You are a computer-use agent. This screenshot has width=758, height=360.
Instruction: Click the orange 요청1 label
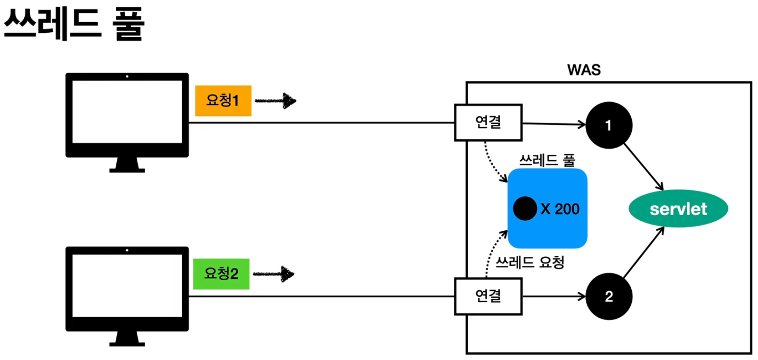[223, 101]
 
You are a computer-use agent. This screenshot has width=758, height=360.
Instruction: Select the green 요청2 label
[221, 274]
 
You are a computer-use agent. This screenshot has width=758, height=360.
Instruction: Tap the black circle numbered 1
[609, 125]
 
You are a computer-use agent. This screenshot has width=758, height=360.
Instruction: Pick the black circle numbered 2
[609, 297]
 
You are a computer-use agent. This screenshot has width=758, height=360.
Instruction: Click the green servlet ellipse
[678, 209]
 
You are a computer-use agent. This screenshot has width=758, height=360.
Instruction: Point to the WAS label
[584, 70]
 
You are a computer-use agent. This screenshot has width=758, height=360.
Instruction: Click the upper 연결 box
[488, 123]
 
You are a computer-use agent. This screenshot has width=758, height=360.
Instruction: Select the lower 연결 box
[488, 296]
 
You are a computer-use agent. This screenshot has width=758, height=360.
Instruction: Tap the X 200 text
[560, 209]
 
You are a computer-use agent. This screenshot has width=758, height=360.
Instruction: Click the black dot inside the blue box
[525, 209]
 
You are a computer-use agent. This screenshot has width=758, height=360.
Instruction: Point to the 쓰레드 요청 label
[530, 263]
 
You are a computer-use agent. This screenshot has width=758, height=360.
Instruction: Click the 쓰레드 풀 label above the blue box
[547, 160]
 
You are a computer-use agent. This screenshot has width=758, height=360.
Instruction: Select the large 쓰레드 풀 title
[74, 24]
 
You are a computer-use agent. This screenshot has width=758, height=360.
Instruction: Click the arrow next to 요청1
[276, 101]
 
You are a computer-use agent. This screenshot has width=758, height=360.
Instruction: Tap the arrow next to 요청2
[274, 274]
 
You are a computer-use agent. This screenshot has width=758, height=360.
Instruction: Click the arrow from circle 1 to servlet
[644, 167]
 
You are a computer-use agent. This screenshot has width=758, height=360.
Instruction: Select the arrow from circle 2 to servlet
[644, 252]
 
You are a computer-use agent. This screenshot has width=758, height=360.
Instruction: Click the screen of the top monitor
[127, 112]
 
